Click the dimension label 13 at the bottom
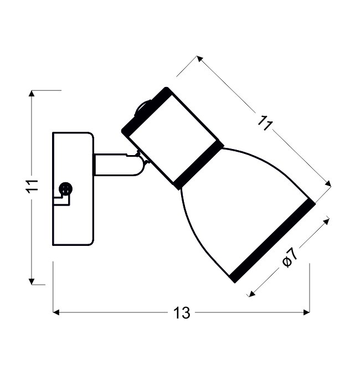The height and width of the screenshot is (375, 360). [x=182, y=313]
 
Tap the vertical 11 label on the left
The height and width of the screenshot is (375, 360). [x=32, y=186]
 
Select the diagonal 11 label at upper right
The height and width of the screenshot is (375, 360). [x=265, y=123]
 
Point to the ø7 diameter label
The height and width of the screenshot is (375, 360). [x=290, y=258]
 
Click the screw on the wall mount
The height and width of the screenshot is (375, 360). [x=65, y=188]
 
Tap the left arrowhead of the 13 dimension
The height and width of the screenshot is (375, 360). [x=56, y=312]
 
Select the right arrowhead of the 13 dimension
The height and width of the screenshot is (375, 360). [x=307, y=312]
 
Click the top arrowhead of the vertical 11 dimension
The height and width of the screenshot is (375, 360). [x=32, y=94]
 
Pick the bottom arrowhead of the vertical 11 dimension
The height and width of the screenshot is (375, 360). [x=32, y=281]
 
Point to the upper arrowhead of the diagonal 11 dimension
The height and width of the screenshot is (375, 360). [x=200, y=59]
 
